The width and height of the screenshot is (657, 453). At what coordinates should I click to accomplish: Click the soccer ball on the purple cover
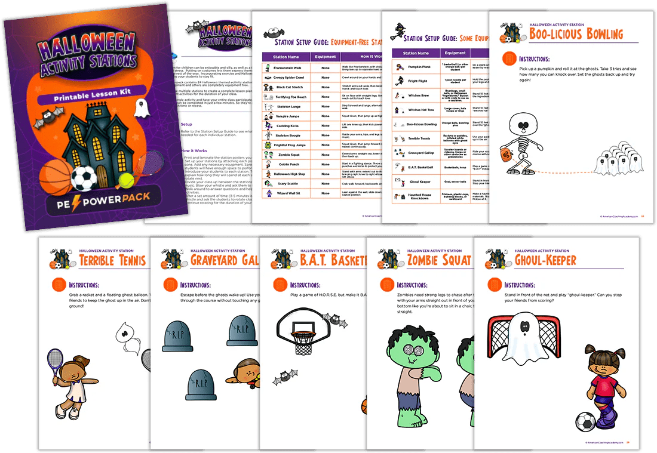[84, 178]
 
